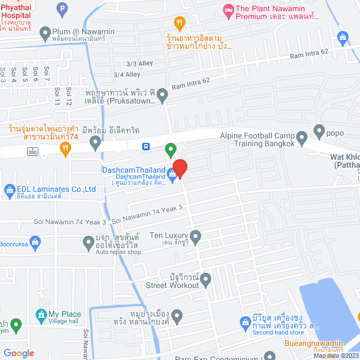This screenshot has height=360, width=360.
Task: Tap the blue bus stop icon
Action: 146,147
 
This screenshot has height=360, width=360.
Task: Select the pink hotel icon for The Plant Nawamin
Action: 228,9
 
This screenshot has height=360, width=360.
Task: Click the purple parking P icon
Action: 62,8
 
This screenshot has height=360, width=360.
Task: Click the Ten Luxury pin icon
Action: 195,238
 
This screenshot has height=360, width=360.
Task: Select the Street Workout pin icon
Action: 206,278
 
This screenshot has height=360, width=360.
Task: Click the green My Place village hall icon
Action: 40,314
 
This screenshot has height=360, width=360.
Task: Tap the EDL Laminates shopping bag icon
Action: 8,190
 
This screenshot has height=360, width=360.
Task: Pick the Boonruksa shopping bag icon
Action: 35,242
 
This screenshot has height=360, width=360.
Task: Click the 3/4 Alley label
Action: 127,74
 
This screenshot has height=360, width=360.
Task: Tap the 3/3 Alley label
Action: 139,64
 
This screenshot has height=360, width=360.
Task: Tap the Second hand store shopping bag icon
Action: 245,322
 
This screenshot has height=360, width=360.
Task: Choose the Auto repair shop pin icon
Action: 88,243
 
